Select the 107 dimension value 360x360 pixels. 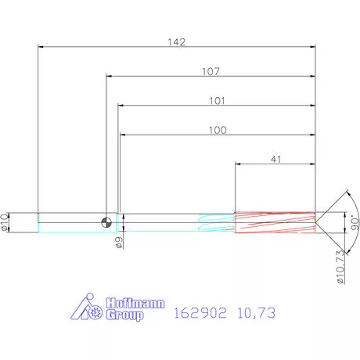pos(210,71)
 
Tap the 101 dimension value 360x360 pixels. pos(217,100)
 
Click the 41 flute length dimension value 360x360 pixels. pos(275,159)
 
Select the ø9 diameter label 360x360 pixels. pos(119,243)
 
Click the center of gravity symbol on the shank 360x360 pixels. pos(106,222)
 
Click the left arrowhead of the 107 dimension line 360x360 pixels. pos(109,77)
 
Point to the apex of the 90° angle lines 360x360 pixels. pos(317,222)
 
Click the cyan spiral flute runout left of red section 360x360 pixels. pos(215,223)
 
